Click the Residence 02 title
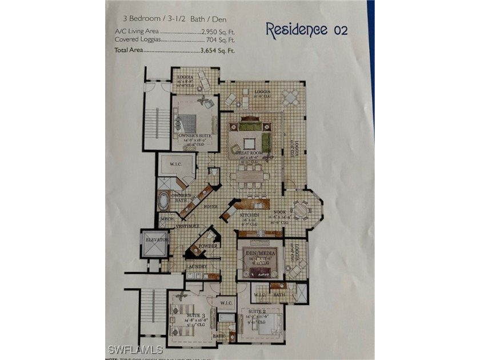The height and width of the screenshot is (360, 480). [x=307, y=30]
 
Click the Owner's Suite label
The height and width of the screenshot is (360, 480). [x=191, y=136]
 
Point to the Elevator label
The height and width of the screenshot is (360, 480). [x=157, y=240]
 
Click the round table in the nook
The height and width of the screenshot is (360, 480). [x=301, y=209]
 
